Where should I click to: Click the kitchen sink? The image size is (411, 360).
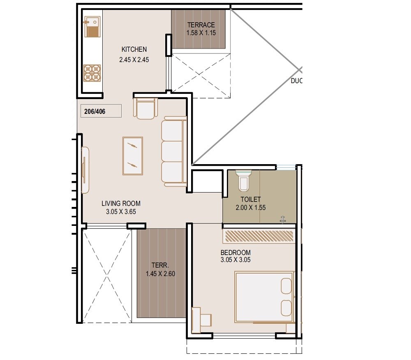point(92,26)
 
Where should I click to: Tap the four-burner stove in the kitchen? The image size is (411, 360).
point(92,73)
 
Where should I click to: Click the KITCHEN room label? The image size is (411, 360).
point(134,49)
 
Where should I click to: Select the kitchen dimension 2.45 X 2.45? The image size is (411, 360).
point(134,59)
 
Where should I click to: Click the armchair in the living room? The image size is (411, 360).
point(146,109)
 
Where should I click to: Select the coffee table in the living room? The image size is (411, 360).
point(133,156)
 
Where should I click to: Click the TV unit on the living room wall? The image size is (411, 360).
point(85,169)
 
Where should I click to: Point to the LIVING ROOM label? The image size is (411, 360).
point(121,203)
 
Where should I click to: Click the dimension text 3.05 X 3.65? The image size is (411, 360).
point(121,212)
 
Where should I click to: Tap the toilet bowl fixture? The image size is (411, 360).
point(243,181)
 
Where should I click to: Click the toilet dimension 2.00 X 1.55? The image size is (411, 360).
point(251,208)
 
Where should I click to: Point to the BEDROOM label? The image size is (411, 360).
point(236,252)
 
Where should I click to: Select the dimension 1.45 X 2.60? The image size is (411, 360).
point(161,274)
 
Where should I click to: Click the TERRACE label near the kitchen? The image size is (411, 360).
point(201,25)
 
